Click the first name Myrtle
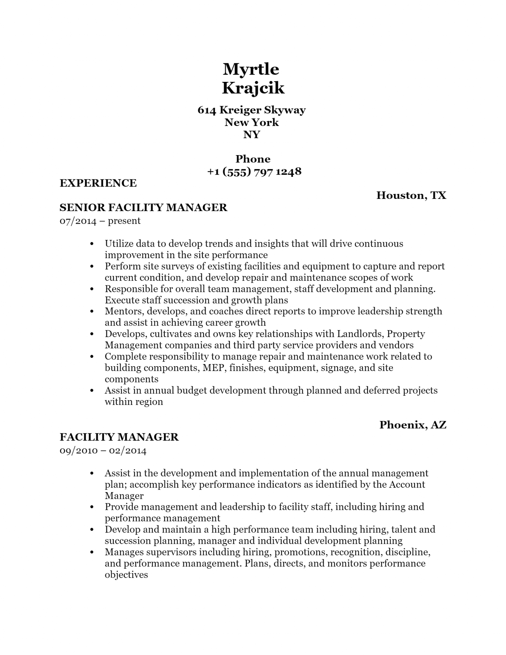(251, 69)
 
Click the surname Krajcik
(253, 88)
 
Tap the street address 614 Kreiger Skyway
(252, 110)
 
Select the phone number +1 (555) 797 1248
(254, 171)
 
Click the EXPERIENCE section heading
(98, 183)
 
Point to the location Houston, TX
(411, 195)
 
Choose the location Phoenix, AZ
(413, 424)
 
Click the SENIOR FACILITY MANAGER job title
(143, 208)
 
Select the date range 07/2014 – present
(100, 221)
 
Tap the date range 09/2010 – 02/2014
(103, 450)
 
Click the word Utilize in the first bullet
(119, 244)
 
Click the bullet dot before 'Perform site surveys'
(92, 266)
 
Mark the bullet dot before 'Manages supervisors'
(92, 552)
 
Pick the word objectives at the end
(126, 575)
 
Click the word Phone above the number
(253, 159)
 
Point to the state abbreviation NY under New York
(252, 135)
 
